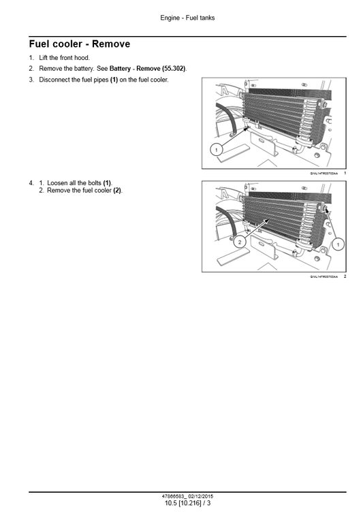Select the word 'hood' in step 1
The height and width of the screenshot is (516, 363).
pyautogui.click(x=81, y=58)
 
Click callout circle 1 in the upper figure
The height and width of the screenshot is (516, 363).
pyautogui.click(x=215, y=149)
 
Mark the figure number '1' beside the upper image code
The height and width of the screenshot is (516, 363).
pyautogui.click(x=345, y=173)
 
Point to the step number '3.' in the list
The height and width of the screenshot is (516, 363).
pyautogui.click(x=31, y=80)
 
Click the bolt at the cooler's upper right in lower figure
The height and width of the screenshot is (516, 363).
pyautogui.click(x=326, y=208)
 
